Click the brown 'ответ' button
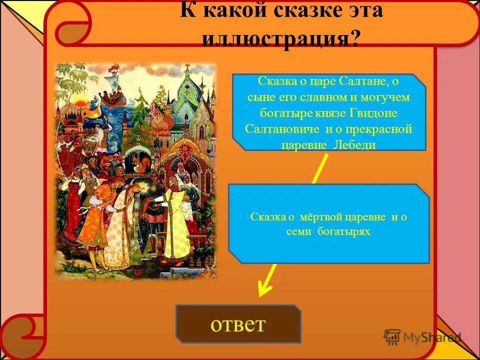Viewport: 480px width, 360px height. coord(238,324)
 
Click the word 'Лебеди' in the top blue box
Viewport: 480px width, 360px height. coord(356,145)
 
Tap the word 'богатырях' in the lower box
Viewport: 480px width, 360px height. coord(343,232)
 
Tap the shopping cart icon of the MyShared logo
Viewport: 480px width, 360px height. coord(392,337)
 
